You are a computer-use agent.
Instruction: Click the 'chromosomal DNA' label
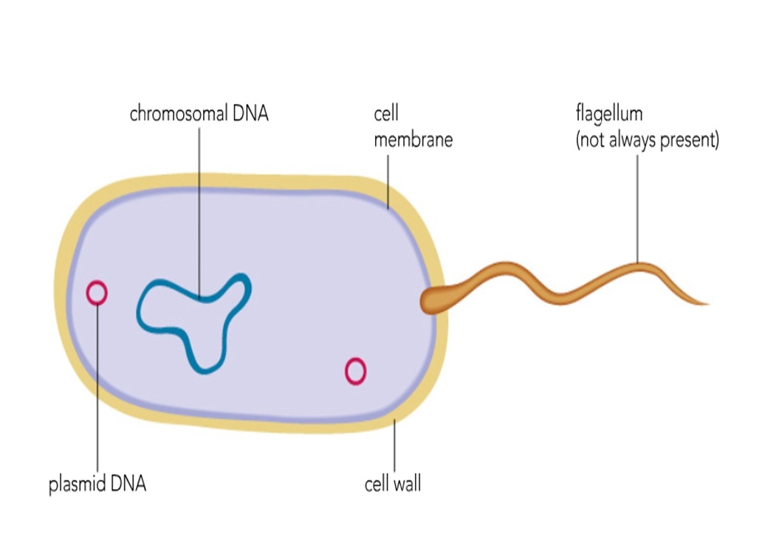point(199,114)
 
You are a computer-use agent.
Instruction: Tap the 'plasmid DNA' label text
point(97,485)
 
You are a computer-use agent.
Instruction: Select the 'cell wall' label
point(393,485)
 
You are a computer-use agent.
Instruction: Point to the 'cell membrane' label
point(413,127)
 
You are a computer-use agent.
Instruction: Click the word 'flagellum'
point(609,114)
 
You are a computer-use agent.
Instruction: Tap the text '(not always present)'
point(647,140)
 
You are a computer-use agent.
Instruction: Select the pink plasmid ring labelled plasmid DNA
point(97,293)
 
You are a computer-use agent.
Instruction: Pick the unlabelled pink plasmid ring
point(355,371)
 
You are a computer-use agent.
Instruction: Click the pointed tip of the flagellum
point(705,302)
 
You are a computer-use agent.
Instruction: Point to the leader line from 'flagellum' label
point(637,207)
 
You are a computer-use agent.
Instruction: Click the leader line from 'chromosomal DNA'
point(199,207)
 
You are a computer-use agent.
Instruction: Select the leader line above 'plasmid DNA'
point(97,391)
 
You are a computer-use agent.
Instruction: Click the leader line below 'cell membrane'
point(387,177)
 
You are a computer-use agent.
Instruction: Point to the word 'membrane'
point(413,139)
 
